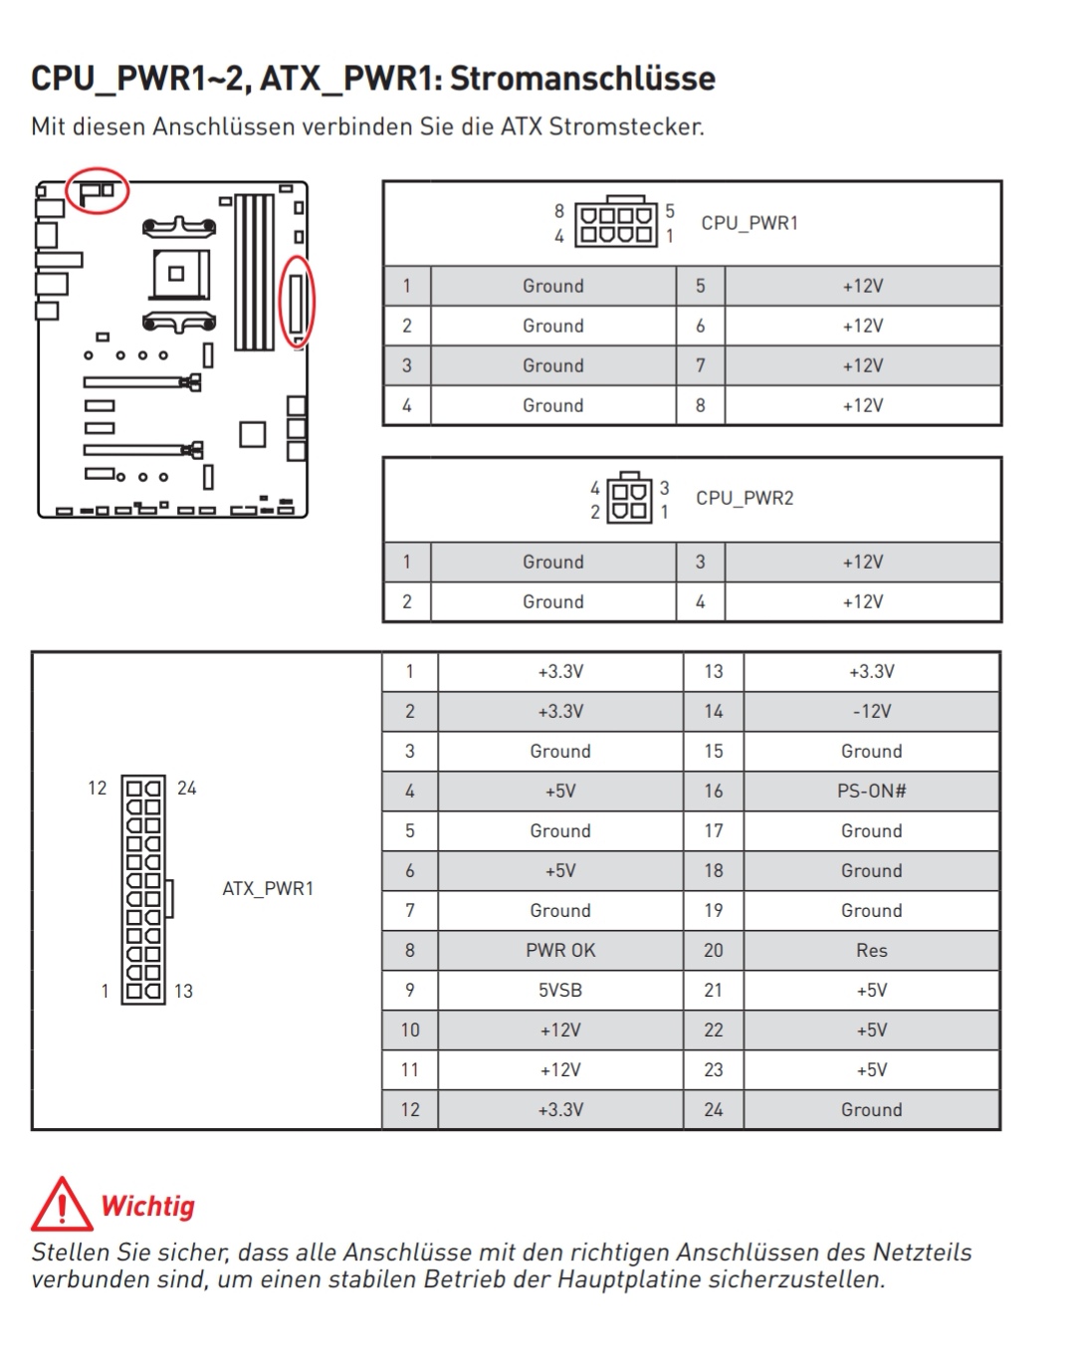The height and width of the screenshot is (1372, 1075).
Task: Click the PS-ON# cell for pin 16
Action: coord(871,792)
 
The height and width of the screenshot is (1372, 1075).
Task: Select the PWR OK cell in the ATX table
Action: coord(560,951)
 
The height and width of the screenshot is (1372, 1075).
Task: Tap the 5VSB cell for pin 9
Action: coord(560,991)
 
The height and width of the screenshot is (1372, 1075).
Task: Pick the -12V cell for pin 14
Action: coord(871,712)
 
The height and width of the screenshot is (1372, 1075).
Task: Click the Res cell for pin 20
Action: coord(871,951)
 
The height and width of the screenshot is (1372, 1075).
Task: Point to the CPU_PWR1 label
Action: coord(750,223)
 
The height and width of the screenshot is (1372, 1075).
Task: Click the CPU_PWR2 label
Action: coord(745,498)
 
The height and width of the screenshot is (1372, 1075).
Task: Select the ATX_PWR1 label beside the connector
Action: coord(268,888)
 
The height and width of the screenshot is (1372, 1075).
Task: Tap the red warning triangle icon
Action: coord(62,1205)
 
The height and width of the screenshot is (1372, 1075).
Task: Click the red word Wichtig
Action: coord(148,1206)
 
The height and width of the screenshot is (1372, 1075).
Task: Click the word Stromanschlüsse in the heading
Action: coord(582,78)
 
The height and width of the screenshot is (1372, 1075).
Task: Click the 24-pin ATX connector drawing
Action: coord(143,889)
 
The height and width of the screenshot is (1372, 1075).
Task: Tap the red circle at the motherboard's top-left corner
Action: coord(97,189)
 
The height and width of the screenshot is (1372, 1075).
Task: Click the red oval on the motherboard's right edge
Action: coord(297,302)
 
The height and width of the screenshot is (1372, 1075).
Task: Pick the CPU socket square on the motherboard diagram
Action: coord(178,272)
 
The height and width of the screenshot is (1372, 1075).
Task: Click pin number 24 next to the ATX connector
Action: coord(187,789)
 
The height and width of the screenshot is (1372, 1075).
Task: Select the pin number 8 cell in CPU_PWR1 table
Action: coord(701,405)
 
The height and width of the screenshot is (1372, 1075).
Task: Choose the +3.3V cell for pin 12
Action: coord(560,1110)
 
